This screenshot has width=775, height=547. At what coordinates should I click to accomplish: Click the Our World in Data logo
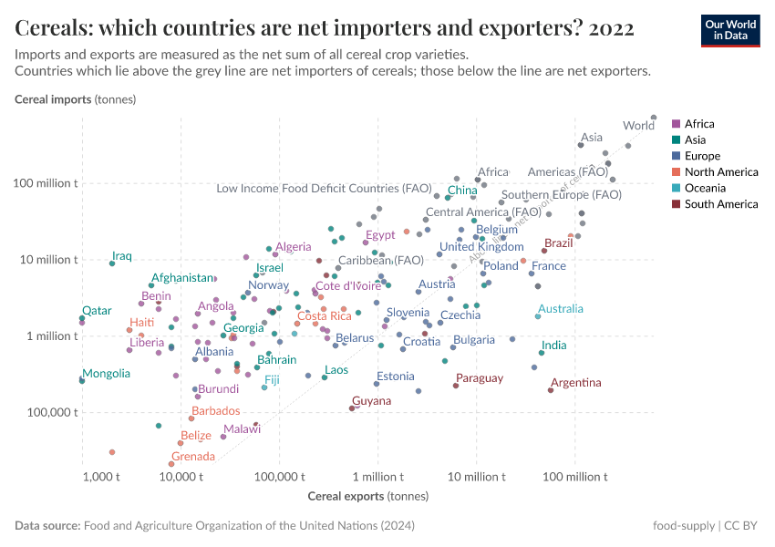pyautogui.click(x=729, y=30)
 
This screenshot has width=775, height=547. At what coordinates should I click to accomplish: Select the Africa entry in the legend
pyautogui.click(x=699, y=124)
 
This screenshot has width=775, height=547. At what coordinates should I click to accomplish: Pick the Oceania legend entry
pyautogui.click(x=704, y=188)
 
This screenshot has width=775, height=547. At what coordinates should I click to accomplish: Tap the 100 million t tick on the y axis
pyautogui.click(x=46, y=183)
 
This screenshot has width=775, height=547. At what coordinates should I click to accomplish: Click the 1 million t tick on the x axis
pyautogui.click(x=377, y=477)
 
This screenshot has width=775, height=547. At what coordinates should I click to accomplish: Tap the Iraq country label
pyautogui.click(x=122, y=256)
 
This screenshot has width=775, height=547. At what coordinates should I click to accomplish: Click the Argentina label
pyautogui.click(x=576, y=382)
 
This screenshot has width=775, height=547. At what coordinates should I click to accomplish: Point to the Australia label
pyautogui.click(x=561, y=309)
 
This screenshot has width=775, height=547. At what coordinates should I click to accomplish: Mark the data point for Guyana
pyautogui.click(x=352, y=408)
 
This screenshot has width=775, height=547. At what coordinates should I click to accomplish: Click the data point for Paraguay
pyautogui.click(x=456, y=386)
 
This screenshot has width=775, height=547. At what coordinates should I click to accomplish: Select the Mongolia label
pyautogui.click(x=106, y=374)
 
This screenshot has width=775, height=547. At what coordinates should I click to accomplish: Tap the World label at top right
pyautogui.click(x=638, y=126)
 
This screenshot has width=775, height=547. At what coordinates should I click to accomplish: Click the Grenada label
pyautogui.click(x=193, y=456)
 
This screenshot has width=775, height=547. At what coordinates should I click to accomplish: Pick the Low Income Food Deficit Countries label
pyautogui.click(x=324, y=189)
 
